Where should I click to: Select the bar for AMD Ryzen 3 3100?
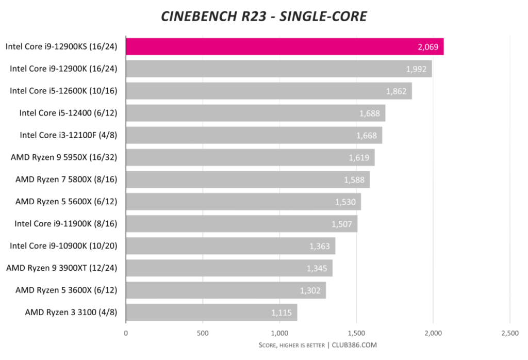tap(211, 312)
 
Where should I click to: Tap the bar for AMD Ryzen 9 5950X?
tap(250, 157)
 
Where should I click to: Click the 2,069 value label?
tap(428, 47)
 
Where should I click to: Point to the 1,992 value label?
tap(416, 69)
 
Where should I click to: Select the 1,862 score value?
tap(396, 91)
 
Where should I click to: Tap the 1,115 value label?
tap(282, 313)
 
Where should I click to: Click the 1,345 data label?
tap(317, 268)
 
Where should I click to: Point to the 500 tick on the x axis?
tap(203, 333)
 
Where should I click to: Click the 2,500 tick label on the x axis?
tap(509, 333)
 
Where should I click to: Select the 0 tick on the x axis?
tap(126, 333)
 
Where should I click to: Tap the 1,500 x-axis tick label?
tap(356, 333)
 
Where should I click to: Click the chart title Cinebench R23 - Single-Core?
tap(264, 16)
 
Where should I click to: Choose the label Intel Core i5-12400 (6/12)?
tap(68, 113)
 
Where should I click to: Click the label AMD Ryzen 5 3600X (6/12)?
tap(66, 290)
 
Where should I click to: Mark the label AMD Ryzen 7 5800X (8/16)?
tap(66, 179)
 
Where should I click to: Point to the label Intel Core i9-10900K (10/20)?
tap(63, 246)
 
